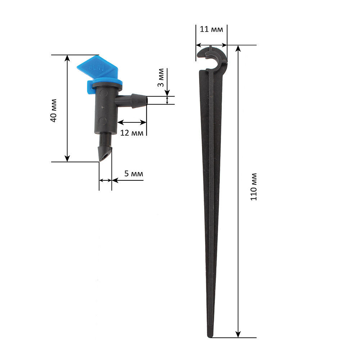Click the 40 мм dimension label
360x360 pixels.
pyautogui.click(x=54, y=111)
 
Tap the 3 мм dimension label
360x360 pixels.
pyautogui.click(x=161, y=78)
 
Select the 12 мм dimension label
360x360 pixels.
pyautogui.click(x=132, y=133)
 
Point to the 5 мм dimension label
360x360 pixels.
pyautogui.click(x=134, y=174)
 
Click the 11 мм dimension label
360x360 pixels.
pyautogui.click(x=211, y=29)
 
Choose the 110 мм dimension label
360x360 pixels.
pyautogui.click(x=253, y=187)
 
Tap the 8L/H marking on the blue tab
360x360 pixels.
pyautogui.click(x=96, y=68)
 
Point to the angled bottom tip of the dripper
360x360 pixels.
pyautogui.click(x=105, y=154)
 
